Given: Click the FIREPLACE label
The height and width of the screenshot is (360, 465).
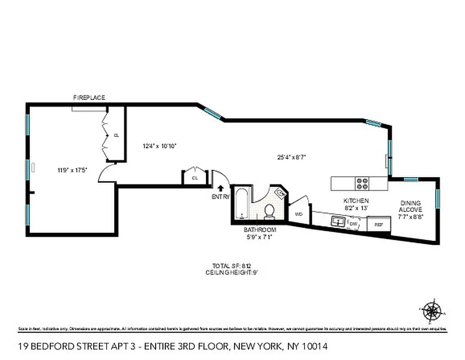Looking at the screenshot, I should [89, 98].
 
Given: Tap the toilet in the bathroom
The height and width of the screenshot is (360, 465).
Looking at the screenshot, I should [269, 211].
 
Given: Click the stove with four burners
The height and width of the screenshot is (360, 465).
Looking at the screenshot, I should [362, 183].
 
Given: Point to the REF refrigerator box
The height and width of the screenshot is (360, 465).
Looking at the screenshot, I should [378, 224].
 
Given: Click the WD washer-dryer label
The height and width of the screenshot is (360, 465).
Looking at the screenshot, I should [298, 214].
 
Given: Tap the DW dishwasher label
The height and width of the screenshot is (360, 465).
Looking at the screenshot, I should [353, 223].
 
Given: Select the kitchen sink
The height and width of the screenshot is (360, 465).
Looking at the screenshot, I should [338, 221].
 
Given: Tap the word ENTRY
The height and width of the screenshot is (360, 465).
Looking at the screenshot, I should [221, 197].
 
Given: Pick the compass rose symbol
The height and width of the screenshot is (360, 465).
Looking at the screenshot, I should [432, 310].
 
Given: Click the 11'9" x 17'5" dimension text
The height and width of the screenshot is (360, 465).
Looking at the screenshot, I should [72, 170].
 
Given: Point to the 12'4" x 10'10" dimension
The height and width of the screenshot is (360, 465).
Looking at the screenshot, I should [159, 146].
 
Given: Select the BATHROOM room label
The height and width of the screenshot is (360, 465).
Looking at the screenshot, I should [260, 229].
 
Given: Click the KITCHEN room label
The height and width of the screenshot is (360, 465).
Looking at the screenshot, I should [356, 201].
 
